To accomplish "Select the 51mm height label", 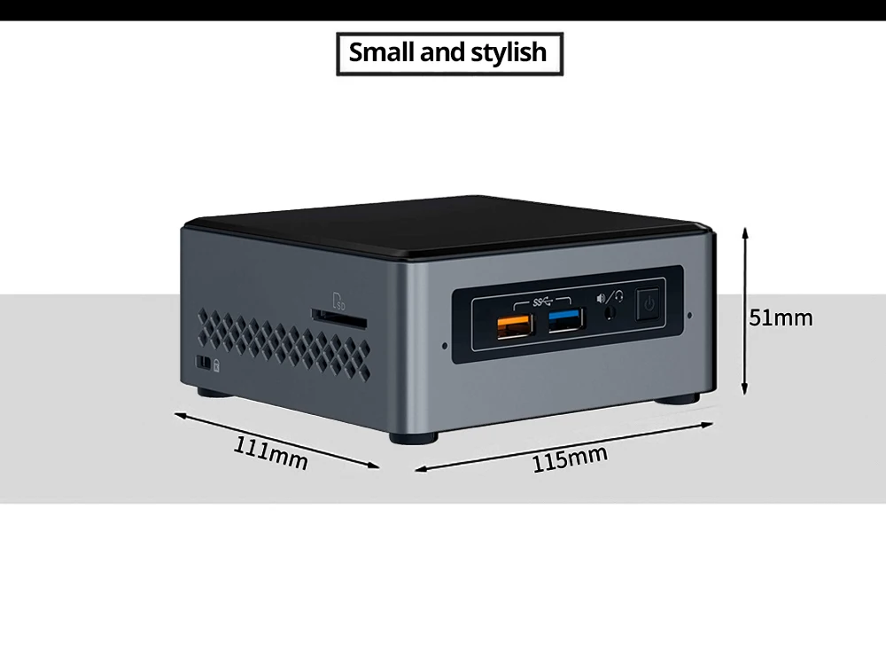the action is coord(781,317).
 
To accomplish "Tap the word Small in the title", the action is coord(382,52).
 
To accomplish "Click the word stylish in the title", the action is coord(509,52).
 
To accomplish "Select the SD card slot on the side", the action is coord(339,314).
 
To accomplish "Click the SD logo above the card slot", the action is coord(337,299).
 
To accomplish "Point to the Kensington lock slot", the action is coord(203,364).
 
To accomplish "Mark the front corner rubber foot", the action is coord(414,436).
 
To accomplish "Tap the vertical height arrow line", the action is coord(745,310).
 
